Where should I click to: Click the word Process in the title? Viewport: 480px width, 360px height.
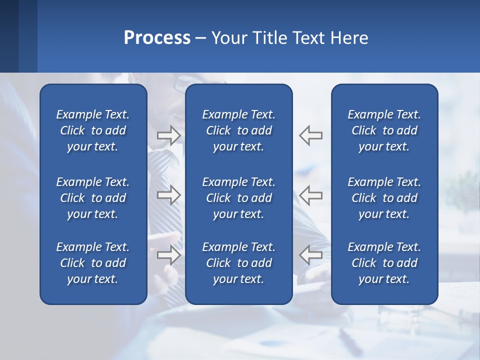point(157,38)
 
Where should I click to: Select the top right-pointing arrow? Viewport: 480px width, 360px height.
point(168,135)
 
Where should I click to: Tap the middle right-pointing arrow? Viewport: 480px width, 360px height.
point(168,195)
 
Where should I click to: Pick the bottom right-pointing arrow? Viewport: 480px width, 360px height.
point(168,255)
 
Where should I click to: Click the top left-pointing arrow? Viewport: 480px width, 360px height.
point(311,135)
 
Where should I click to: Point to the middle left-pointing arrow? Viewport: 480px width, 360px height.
point(311,195)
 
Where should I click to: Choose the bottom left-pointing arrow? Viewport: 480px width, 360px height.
point(311,255)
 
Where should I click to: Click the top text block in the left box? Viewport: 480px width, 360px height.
point(93,130)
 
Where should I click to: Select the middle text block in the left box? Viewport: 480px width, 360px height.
point(93,198)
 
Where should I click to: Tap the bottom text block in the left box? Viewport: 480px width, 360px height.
point(93,263)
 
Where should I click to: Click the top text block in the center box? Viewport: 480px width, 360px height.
point(238,130)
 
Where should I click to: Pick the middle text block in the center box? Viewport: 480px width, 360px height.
point(238,198)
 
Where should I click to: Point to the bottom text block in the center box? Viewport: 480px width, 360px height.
point(238,263)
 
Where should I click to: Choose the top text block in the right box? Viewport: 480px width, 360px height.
point(384,130)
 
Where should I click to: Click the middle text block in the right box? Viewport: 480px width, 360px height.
point(384,198)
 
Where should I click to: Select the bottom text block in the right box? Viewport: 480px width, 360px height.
point(384,263)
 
